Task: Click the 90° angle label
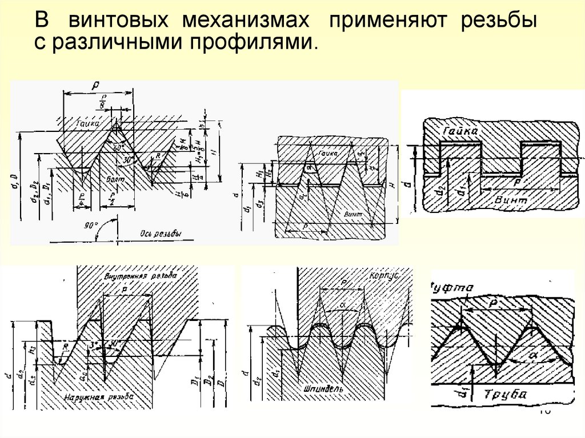(91, 226)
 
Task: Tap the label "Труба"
(505, 394)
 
